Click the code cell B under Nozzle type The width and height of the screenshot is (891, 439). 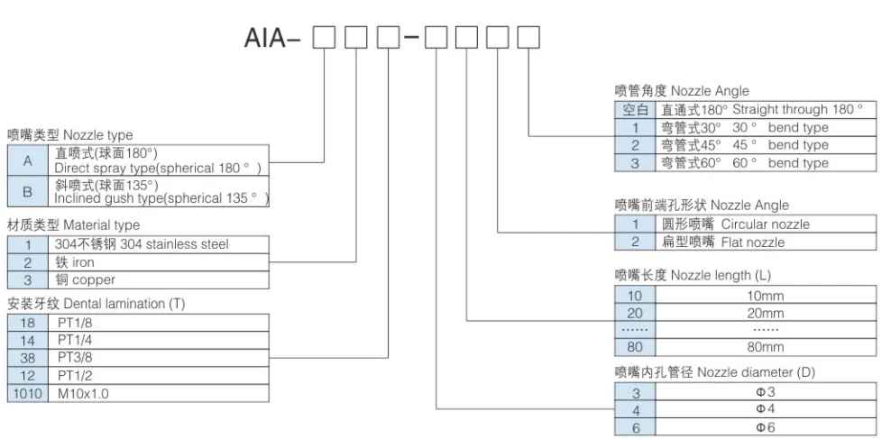(27, 191)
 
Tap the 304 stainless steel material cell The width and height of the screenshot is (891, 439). (161, 244)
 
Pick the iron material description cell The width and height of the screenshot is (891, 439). (161, 261)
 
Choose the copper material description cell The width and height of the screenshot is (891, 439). (161, 279)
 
